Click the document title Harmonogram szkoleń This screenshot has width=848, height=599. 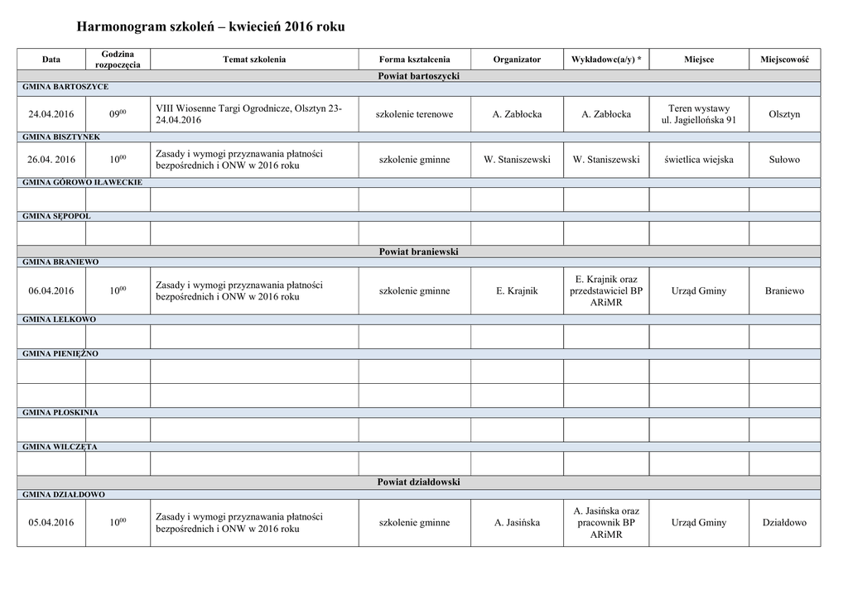[210, 27]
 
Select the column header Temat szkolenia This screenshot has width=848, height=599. [254, 60]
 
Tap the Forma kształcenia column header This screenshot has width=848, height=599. [414, 60]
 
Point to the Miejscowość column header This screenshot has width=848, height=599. [784, 60]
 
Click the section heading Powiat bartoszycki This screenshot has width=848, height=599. [418, 76]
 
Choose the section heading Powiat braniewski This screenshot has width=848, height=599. [418, 252]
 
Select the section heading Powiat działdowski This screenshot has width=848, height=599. [418, 482]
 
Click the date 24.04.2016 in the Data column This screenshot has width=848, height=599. [51, 114]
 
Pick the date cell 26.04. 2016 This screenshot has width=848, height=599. [51, 160]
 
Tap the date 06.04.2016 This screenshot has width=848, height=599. [51, 290]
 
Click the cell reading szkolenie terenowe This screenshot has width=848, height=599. [414, 114]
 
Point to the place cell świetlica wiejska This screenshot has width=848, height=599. [698, 160]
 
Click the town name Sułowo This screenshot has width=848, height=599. [784, 160]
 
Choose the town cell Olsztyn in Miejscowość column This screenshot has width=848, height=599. [784, 114]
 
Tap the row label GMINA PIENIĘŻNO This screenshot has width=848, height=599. [60, 354]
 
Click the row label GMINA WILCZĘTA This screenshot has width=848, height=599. [60, 447]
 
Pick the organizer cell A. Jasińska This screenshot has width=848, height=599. [517, 523]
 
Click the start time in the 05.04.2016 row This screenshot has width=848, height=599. [118, 523]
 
